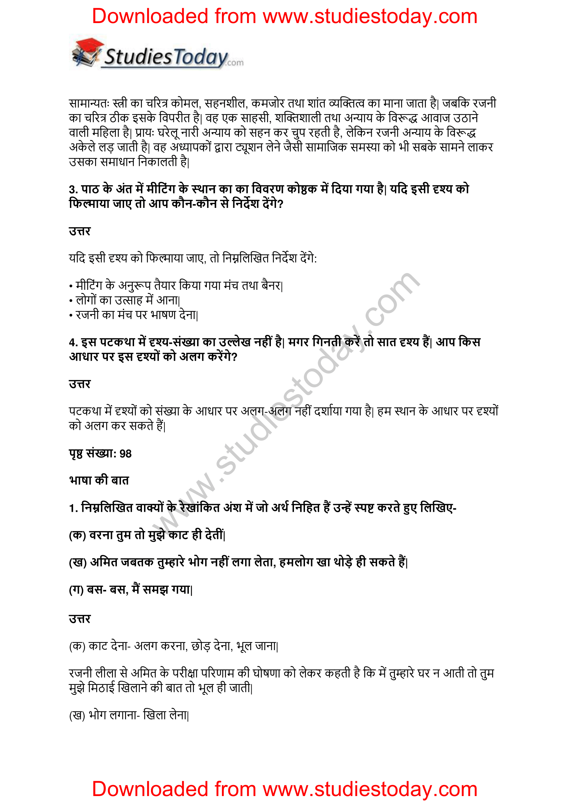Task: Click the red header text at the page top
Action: point(285,17)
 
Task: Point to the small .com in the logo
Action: point(235,63)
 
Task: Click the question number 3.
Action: point(73,190)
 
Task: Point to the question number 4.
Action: point(73,342)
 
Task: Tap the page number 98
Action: point(125,454)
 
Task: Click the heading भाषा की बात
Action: point(99,480)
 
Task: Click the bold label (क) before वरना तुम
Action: point(77,535)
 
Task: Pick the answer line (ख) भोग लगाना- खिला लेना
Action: point(129,715)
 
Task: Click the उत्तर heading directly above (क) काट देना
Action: point(80,619)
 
